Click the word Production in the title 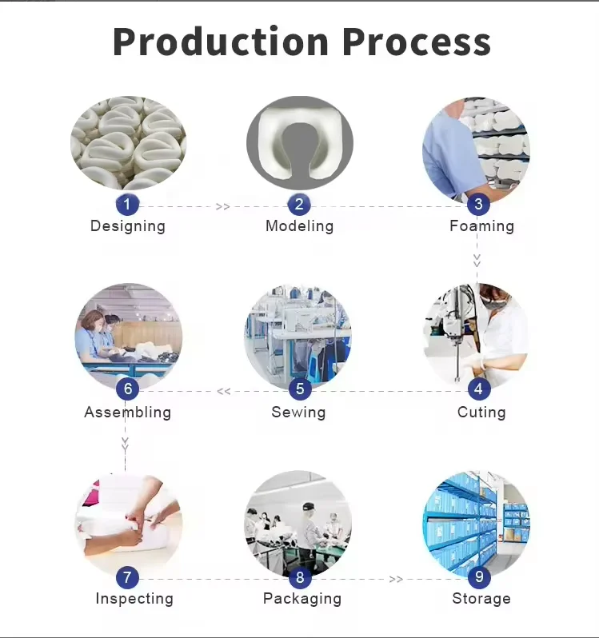(x=220, y=42)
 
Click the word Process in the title (x=417, y=42)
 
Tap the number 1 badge (x=127, y=205)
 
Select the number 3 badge (x=478, y=205)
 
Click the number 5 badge (x=300, y=389)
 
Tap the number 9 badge (x=478, y=576)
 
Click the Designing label (x=128, y=226)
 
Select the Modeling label (x=299, y=226)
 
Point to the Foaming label (x=481, y=226)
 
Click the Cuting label (x=481, y=413)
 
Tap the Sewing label (x=298, y=413)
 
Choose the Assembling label (x=128, y=413)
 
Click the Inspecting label (x=134, y=599)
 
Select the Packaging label (x=302, y=599)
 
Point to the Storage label (x=481, y=599)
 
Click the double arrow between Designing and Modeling (x=222, y=206)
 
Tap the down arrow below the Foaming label (x=477, y=260)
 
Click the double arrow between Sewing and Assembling (x=224, y=391)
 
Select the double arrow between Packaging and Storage (x=396, y=579)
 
